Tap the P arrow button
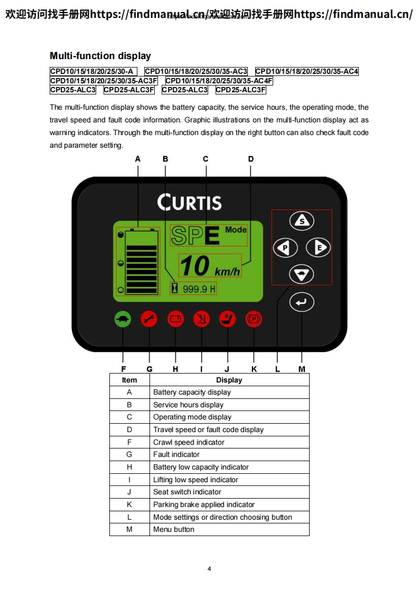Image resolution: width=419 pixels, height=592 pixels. [285, 247]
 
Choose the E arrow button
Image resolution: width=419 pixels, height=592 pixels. [318, 247]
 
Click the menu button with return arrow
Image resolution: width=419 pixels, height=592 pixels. [302, 302]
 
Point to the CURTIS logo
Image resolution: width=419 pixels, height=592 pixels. [189, 202]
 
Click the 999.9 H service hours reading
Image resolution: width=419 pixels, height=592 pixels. [199, 289]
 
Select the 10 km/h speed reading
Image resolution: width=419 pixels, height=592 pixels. [210, 266]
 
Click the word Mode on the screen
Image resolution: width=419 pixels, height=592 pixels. [236, 230]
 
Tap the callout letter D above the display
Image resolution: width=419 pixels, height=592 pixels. [251, 159]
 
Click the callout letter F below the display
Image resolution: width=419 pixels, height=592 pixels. [123, 369]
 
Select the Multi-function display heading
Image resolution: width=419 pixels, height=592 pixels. [100, 56]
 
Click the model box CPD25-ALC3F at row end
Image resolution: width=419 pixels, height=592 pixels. [240, 90]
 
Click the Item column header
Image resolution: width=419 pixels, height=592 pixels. [129, 380]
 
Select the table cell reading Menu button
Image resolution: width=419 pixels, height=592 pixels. [174, 529]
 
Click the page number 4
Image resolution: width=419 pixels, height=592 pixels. [209, 568]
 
